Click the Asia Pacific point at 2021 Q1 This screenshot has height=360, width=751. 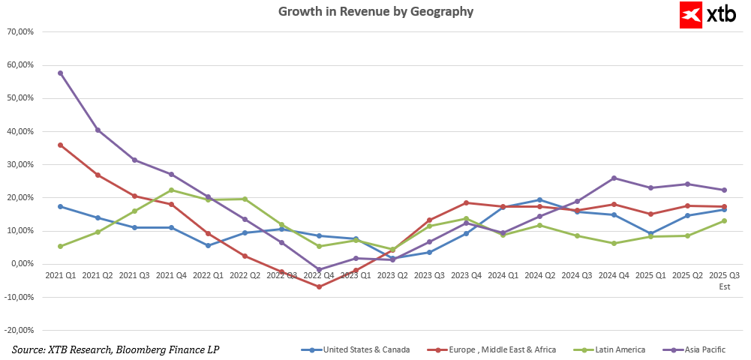[60, 73]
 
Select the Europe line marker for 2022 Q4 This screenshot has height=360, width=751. [319, 286]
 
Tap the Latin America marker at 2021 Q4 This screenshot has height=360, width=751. [171, 190]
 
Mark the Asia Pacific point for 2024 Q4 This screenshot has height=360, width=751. [614, 178]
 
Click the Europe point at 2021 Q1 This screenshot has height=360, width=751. [60, 145]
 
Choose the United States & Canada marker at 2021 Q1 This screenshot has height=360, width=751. [60, 206]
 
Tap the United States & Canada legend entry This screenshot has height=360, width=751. [356, 349]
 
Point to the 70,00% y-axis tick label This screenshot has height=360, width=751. [20, 32]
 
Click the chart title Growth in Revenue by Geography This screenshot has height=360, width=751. [376, 12]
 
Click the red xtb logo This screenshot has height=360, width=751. [702, 15]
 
